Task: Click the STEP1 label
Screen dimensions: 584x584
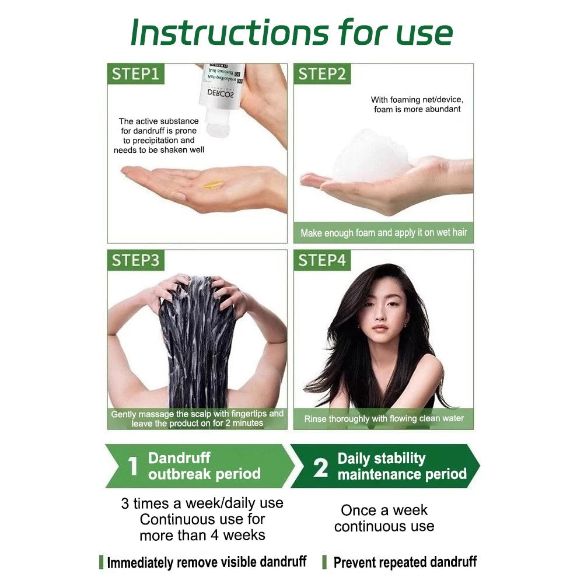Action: tap(135, 74)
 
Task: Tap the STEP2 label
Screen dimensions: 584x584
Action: tap(322, 74)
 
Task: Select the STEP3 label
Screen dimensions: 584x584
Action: tap(135, 260)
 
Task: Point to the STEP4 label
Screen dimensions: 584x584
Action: tap(322, 260)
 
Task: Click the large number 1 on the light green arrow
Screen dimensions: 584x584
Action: tap(133, 467)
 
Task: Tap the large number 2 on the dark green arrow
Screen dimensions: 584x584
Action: tap(320, 467)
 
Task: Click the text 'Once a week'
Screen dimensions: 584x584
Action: tap(384, 510)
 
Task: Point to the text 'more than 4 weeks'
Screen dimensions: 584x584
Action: tap(202, 534)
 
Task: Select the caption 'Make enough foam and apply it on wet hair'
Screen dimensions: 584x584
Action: tap(384, 233)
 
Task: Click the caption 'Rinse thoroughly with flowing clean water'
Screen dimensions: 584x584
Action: tap(384, 418)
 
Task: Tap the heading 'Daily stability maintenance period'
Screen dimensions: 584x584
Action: tap(401, 466)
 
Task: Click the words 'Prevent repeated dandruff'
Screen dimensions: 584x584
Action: tap(405, 562)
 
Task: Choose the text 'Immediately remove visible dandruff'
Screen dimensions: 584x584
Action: tap(207, 562)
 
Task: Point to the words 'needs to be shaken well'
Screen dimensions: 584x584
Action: tap(159, 150)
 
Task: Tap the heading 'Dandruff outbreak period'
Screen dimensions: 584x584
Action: tap(204, 466)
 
